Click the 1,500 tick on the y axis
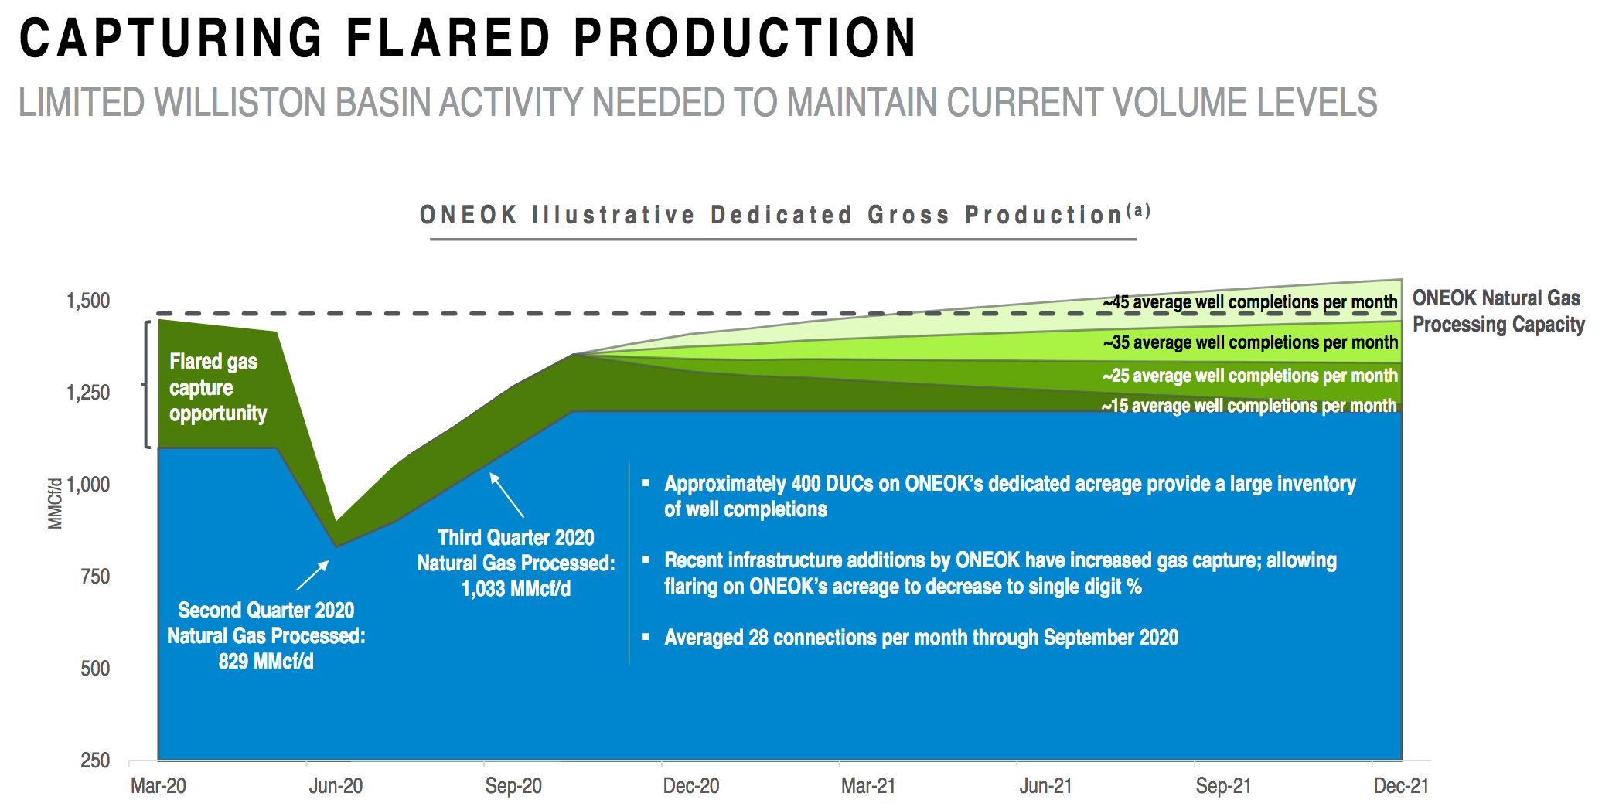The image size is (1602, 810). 88,301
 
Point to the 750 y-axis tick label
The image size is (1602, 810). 95,577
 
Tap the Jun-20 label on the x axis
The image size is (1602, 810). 336,786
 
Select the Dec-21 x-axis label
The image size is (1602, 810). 1401,786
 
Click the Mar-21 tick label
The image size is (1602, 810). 868,786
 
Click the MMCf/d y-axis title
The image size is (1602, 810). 55,504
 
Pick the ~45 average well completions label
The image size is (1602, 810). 1250,302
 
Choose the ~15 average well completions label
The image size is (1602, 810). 1249,406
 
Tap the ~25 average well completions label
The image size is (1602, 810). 1250,376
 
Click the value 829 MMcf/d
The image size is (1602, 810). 266,662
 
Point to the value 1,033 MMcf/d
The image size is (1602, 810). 516,589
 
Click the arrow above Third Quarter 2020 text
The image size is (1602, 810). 507,495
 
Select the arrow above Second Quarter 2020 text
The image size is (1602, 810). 312,576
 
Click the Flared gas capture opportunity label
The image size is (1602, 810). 218,387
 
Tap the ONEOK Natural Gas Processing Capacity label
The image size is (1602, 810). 1498,311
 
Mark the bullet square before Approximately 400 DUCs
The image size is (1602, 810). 646,484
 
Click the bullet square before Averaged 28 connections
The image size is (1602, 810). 646,638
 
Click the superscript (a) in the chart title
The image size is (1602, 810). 1139,210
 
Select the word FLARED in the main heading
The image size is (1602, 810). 448,38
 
